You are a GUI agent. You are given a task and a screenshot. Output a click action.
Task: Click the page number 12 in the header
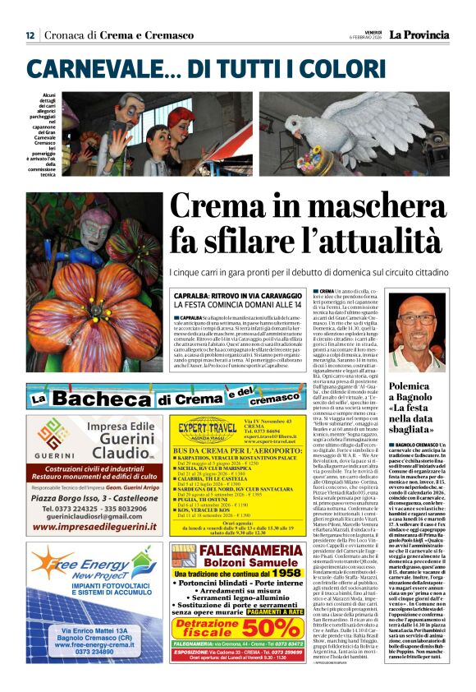point(30,35)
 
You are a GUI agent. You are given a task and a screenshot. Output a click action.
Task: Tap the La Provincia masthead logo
point(419,35)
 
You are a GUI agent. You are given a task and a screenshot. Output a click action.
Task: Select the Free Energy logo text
point(85,570)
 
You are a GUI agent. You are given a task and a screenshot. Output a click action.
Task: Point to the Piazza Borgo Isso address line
point(90,498)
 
